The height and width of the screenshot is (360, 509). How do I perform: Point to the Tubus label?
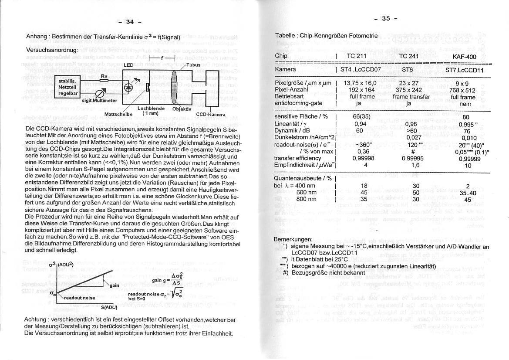(x=194, y=65)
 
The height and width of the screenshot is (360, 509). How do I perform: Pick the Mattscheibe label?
(x=118, y=114)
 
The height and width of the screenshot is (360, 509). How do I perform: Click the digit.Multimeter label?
(x=99, y=100)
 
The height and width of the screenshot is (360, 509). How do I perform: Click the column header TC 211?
(x=357, y=56)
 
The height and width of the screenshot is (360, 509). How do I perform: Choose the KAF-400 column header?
(x=465, y=57)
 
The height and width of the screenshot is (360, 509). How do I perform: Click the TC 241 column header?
(x=408, y=56)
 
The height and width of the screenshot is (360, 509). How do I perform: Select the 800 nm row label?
(x=306, y=199)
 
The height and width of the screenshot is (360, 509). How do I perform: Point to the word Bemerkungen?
(x=293, y=239)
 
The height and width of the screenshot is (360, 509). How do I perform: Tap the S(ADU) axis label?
(x=109, y=307)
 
